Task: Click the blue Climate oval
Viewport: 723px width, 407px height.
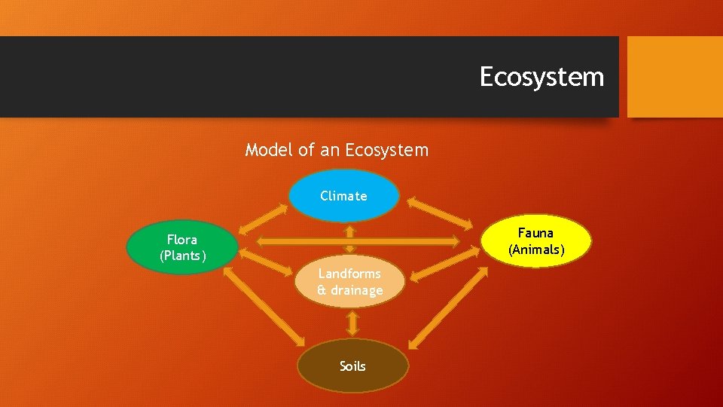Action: tap(343, 195)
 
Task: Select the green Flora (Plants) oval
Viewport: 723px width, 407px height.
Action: tap(182, 247)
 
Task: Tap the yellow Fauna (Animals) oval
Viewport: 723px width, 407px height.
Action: tap(535, 241)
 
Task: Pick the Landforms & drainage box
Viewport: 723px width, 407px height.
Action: tap(349, 282)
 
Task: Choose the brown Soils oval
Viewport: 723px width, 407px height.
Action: tap(352, 366)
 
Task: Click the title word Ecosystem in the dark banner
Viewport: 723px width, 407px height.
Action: tap(541, 77)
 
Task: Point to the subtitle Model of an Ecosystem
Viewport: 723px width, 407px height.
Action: tap(337, 150)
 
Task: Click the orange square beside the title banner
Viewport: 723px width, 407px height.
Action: tap(675, 77)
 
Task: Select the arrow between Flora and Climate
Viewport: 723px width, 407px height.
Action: tap(261, 218)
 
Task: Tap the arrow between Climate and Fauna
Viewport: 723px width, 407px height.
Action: tap(440, 213)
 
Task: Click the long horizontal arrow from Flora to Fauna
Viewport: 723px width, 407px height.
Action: tap(358, 241)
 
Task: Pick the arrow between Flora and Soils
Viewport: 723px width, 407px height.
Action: tap(263, 306)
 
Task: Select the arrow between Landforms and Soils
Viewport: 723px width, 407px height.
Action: tap(352, 323)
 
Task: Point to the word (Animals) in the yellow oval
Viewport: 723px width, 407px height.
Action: tap(535, 249)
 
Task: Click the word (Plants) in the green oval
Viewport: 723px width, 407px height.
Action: tap(182, 256)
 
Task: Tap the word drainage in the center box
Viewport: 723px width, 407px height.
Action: tap(355, 290)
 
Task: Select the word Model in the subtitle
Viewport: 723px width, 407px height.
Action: tap(268, 150)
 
